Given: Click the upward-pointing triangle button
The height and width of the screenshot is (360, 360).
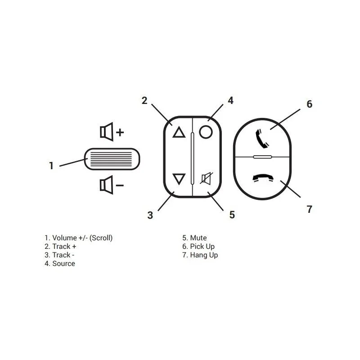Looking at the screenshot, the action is click(x=179, y=132).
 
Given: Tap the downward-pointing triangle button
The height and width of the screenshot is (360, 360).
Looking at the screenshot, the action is click(x=179, y=179).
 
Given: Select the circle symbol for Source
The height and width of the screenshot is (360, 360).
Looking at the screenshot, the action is click(x=206, y=132).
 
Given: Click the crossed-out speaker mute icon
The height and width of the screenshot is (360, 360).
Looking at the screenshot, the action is click(x=206, y=178).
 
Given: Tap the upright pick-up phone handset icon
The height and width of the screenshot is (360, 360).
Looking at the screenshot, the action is click(x=262, y=139).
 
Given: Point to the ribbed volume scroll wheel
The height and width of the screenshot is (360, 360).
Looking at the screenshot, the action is click(x=112, y=159).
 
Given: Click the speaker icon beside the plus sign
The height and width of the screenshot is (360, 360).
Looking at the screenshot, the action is click(x=107, y=132).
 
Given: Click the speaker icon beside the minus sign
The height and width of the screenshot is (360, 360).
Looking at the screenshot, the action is click(x=107, y=185).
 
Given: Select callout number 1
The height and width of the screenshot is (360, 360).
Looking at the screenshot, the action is click(x=51, y=166).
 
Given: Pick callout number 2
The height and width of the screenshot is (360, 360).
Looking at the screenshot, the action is click(x=144, y=100).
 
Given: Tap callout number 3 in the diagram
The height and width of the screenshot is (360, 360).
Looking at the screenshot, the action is click(x=150, y=215).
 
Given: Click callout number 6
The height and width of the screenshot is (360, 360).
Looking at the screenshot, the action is click(x=310, y=104).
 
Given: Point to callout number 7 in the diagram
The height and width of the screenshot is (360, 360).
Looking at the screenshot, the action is click(x=310, y=209).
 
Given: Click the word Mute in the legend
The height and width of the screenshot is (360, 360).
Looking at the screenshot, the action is click(x=198, y=238).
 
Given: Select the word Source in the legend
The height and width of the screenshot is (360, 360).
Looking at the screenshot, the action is click(x=63, y=264).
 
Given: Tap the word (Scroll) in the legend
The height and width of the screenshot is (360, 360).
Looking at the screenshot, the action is click(x=101, y=238).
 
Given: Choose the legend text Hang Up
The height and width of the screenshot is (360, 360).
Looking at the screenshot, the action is click(x=204, y=255).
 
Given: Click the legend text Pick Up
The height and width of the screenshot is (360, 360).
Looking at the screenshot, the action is click(x=202, y=247).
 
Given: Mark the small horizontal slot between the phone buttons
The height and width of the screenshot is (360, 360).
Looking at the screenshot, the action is click(x=262, y=157).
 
